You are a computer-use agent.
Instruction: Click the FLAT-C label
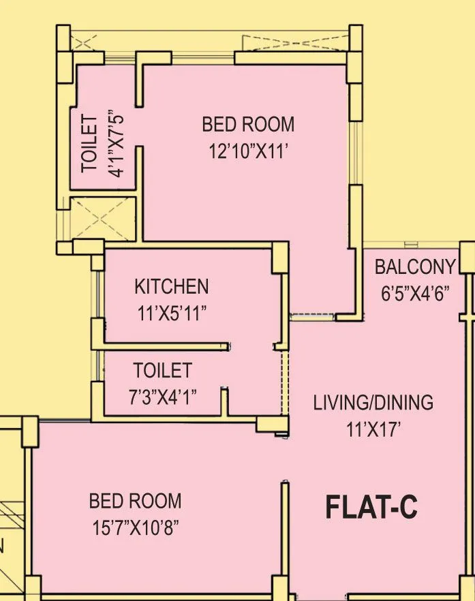pyautogui.click(x=371, y=508)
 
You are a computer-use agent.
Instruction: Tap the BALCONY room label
pyautogui.click(x=415, y=266)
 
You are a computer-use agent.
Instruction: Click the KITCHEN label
pyautogui.click(x=171, y=286)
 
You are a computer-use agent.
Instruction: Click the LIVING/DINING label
pyautogui.click(x=373, y=402)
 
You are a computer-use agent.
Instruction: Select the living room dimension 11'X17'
pyautogui.click(x=373, y=429)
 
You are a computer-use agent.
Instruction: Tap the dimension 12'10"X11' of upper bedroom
pyautogui.click(x=249, y=151)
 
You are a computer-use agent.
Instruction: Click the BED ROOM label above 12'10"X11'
pyautogui.click(x=248, y=125)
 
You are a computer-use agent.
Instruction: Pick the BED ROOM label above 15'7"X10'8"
pyautogui.click(x=136, y=502)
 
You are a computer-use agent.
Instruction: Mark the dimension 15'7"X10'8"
pyautogui.click(x=136, y=528)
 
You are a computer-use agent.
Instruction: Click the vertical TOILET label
pyautogui.click(x=89, y=144)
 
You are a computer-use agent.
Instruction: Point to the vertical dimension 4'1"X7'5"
pyautogui.click(x=117, y=144)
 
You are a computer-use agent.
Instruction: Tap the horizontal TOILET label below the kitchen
pyautogui.click(x=162, y=371)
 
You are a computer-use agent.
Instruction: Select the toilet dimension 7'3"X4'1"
pyautogui.click(x=163, y=397)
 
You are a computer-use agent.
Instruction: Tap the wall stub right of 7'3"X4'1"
pyautogui.click(x=224, y=402)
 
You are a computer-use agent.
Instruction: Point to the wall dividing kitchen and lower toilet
pyautogui.click(x=164, y=345)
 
